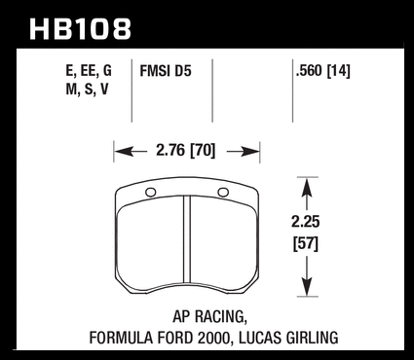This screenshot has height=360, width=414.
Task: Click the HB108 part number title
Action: point(80,29)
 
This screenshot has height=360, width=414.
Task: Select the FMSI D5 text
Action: point(166,71)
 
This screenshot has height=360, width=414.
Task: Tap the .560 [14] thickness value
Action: point(323,71)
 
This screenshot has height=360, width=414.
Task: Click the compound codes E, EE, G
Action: point(89,71)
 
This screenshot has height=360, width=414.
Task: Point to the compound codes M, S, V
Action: point(87,90)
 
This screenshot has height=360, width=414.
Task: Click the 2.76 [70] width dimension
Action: point(186,151)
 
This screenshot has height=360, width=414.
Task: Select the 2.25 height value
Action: point(306,222)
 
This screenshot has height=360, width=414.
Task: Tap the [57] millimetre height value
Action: point(306,244)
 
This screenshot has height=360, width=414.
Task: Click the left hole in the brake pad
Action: point(150,193)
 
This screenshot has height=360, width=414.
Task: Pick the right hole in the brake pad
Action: point(223,193)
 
